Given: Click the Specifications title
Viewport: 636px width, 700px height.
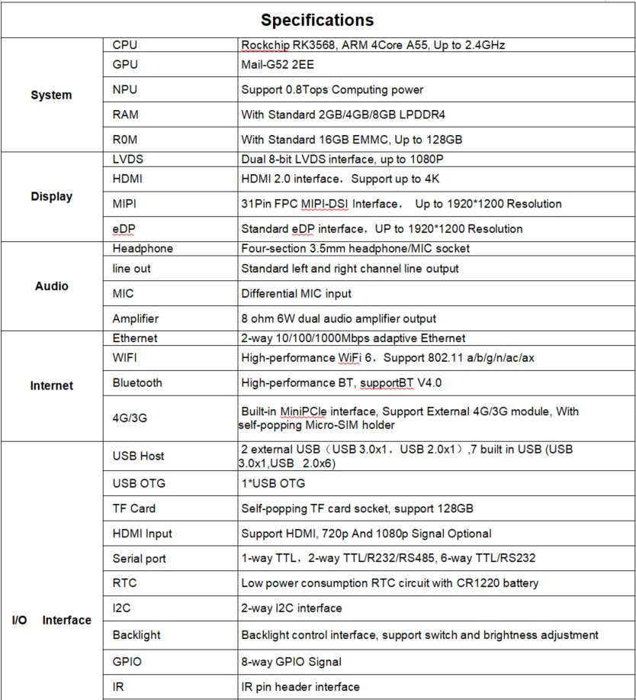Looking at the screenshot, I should tap(317, 20).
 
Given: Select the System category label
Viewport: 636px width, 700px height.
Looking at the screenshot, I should tap(51, 95).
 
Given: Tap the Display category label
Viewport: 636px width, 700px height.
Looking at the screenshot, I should tap(51, 196).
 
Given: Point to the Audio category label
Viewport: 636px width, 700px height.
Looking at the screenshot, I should tap(51, 286).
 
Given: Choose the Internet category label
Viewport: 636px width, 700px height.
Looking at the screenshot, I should tap(51, 385).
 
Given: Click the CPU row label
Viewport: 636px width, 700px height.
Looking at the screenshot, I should tap(125, 45).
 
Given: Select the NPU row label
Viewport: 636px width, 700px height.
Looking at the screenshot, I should tap(125, 90).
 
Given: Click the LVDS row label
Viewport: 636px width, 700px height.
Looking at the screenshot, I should tap(127, 160).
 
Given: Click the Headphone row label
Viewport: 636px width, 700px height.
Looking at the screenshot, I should tap(143, 248).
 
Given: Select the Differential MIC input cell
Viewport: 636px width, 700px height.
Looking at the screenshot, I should tap(307, 294).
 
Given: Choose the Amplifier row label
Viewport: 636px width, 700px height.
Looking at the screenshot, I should tap(136, 319).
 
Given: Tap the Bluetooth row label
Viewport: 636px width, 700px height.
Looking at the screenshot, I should tap(137, 382).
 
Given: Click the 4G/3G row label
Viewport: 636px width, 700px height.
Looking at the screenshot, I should tap(129, 418).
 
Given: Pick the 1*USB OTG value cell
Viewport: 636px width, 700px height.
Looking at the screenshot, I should tap(273, 484).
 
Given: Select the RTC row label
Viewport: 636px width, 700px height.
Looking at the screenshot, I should tap(124, 583).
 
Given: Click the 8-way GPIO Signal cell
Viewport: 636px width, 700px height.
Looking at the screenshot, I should tap(291, 662).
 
